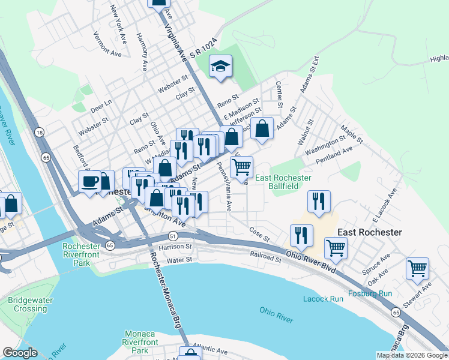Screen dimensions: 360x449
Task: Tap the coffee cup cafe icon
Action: pos(90,181)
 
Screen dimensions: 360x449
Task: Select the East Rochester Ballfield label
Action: pos(283,182)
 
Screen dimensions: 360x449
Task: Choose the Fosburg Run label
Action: pos(370,295)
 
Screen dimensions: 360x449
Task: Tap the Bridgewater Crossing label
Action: pos(27,304)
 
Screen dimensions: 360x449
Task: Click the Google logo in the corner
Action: pos(20,353)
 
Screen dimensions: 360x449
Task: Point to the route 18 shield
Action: pos(39,133)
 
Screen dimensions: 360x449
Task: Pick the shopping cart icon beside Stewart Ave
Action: pos(417,269)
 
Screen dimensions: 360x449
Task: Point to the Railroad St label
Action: pos(266,258)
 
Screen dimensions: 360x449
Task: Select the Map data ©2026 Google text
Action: pos(411,355)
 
